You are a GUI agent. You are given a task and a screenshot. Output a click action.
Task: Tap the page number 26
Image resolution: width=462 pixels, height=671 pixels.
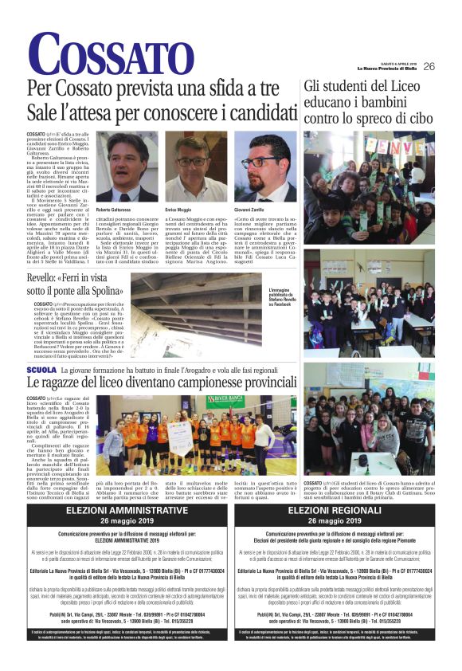(429, 66)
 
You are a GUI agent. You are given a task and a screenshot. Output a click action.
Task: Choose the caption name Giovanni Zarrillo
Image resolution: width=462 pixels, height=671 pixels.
(250, 209)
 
